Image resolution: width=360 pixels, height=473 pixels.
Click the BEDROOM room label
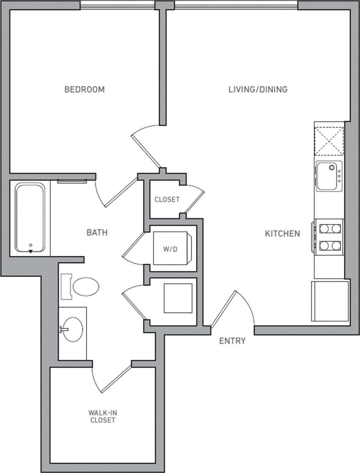(84, 90)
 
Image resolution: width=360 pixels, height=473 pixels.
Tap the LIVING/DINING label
(258, 90)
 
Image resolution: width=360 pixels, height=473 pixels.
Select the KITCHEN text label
(282, 234)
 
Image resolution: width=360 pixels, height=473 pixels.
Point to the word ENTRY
(232, 341)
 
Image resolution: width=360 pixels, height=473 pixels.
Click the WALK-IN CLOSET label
(103, 417)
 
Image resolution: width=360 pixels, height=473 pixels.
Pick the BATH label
(97, 232)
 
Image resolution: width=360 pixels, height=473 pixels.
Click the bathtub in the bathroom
(30, 218)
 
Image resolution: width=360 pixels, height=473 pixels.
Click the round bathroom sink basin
(73, 330)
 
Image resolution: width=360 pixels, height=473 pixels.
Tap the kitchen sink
(328, 176)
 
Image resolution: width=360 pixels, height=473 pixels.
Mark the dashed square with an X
(329, 141)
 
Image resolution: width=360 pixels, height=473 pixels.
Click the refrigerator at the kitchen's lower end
(330, 301)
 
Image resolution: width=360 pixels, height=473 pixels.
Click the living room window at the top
(236, 5)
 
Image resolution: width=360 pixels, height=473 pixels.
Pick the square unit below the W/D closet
(178, 298)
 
